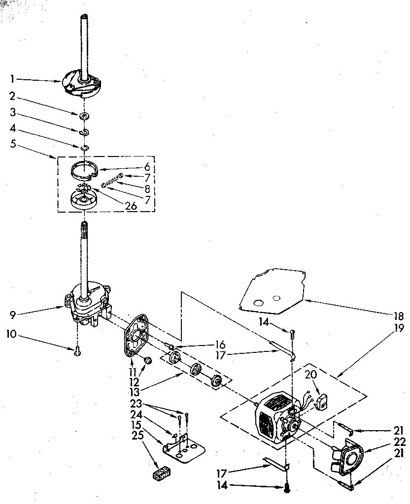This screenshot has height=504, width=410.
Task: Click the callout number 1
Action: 12,78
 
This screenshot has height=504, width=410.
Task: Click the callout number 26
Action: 131,206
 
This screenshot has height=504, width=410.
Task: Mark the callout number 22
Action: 399,441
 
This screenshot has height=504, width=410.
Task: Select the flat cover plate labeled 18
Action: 269,290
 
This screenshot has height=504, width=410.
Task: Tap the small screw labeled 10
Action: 77,351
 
